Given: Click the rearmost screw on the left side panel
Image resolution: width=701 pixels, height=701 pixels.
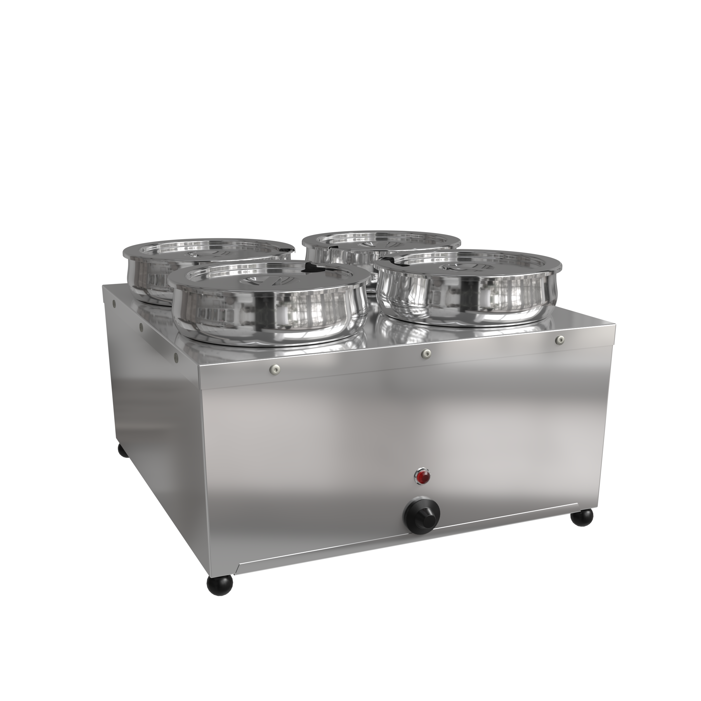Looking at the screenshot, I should [115, 303].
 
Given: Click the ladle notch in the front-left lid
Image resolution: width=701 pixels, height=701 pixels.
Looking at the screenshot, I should [311, 268].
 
